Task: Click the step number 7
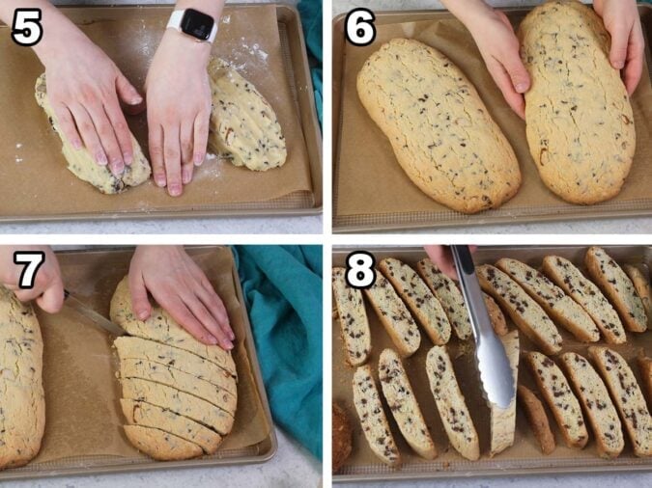(x=26, y=271)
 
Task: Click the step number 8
(x=359, y=271)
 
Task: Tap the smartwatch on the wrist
(x=197, y=24)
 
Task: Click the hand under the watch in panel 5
(x=176, y=116)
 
